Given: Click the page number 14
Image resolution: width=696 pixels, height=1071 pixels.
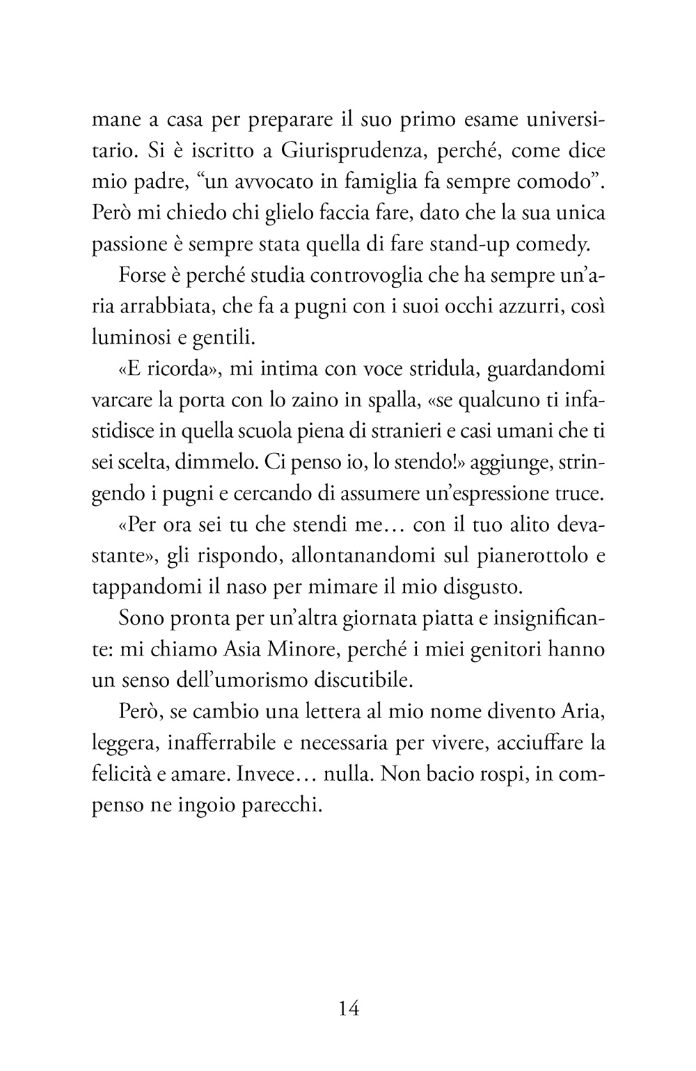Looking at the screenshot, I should point(348,1008).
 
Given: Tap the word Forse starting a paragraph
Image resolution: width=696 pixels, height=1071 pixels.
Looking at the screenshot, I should point(141,276).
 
